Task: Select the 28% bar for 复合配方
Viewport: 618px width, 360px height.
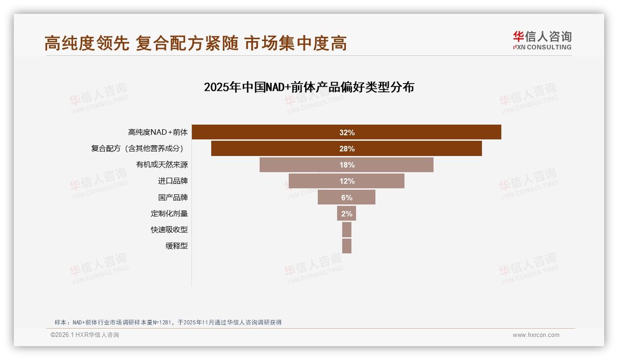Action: [277, 149]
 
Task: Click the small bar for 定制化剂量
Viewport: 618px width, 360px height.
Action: [346, 214]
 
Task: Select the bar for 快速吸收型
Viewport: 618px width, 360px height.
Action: [347, 230]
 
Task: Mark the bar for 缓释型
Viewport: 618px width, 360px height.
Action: [347, 246]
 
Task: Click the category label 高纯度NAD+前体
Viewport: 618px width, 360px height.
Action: [158, 132]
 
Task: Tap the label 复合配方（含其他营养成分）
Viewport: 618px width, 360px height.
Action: [137, 149]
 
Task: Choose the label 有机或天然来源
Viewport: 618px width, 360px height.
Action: [162, 165]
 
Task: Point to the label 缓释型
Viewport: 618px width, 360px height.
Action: [177, 246]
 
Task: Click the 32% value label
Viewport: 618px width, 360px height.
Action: [347, 132]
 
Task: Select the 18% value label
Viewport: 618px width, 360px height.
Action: [347, 165]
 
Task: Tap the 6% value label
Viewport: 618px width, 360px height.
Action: [347, 198]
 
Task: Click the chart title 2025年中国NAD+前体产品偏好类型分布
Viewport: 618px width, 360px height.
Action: [309, 87]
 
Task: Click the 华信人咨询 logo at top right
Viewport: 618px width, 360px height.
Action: [542, 40]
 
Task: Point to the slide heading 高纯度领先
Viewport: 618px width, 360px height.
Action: [87, 43]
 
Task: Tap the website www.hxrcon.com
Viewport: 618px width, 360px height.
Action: [536, 335]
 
